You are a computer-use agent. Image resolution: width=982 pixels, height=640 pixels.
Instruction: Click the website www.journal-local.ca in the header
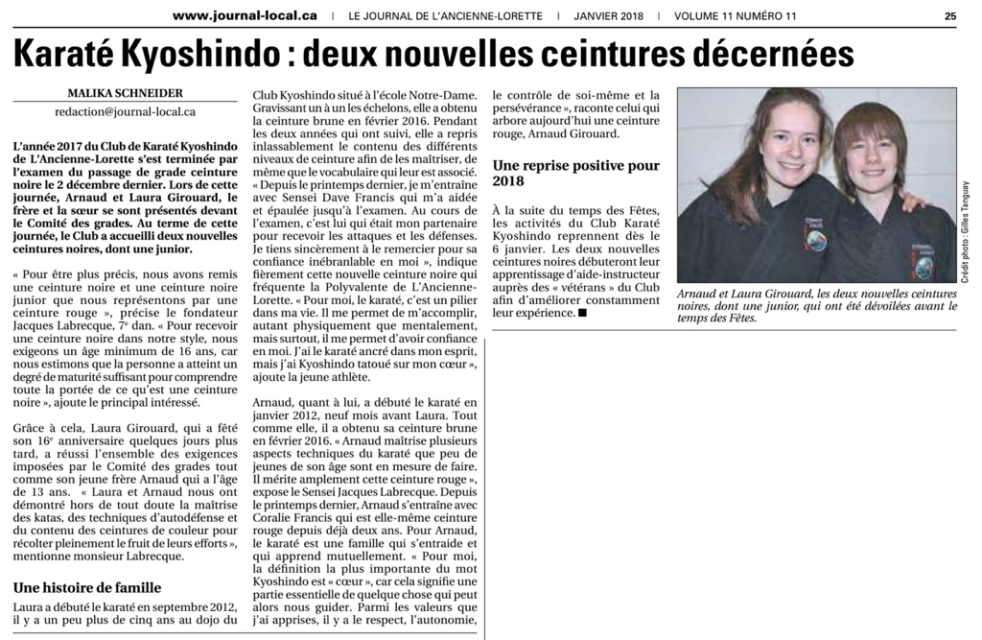(x=245, y=15)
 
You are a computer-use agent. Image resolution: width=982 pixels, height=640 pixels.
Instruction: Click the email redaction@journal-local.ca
(x=125, y=111)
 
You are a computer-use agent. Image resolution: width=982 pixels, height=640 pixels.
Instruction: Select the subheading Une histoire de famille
(x=87, y=587)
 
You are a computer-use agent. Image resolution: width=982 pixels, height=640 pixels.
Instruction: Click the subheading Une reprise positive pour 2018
(x=575, y=173)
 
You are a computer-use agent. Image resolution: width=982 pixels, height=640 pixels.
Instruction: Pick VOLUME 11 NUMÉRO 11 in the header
(x=736, y=15)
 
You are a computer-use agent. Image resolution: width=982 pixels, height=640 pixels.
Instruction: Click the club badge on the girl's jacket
(x=817, y=234)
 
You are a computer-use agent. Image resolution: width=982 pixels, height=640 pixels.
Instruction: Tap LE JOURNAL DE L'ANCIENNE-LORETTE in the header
(x=445, y=15)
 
